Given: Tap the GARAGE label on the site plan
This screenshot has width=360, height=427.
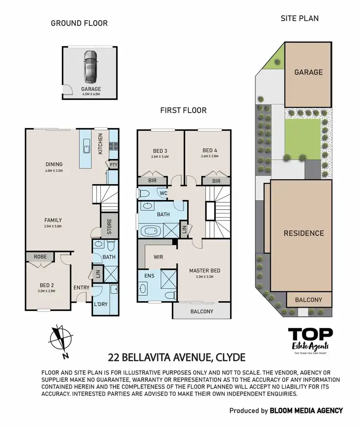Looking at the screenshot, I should [x=308, y=72].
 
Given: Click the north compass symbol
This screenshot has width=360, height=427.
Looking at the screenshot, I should [x=60, y=342].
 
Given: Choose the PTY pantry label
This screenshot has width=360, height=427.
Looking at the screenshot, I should [x=114, y=165].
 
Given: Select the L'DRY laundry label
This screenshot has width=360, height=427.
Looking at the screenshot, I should [x=100, y=305].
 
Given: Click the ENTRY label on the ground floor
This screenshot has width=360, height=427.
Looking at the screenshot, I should [x=81, y=288].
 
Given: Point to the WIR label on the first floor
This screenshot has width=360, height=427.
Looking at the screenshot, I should [x=158, y=257].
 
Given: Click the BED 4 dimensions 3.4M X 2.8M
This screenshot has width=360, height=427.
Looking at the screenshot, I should [x=210, y=155].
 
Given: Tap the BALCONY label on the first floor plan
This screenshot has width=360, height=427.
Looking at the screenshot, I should [x=202, y=311].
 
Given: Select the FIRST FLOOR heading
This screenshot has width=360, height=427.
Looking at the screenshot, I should [x=183, y=110].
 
